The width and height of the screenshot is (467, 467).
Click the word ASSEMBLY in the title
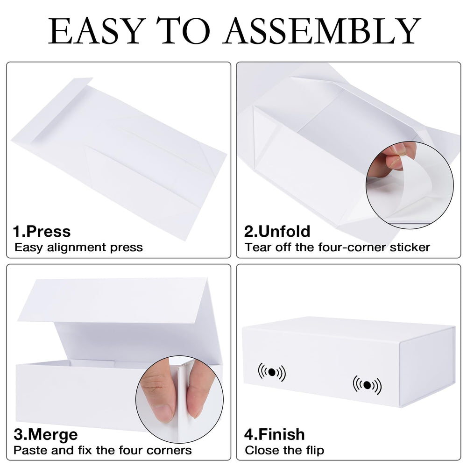tap(322, 31)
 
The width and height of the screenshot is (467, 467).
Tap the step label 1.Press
tap(42, 232)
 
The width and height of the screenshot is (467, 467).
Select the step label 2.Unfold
tap(277, 232)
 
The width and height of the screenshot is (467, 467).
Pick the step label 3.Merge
tap(46, 434)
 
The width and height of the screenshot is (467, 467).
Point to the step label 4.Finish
tap(274, 434)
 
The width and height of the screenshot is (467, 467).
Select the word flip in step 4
tap(315, 450)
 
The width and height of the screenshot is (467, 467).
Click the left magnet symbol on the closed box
tap(272, 372)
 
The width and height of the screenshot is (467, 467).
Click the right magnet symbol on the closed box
tap(367, 385)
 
